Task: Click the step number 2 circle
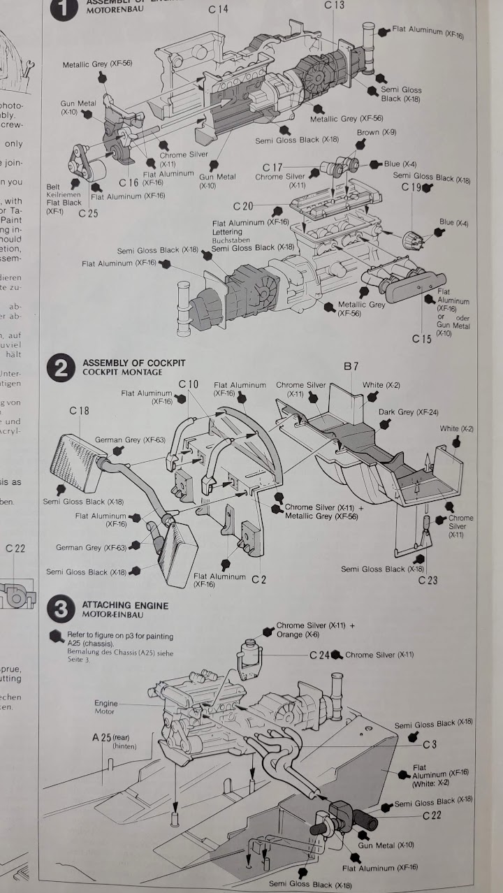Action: click(61, 368)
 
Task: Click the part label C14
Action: click(218, 9)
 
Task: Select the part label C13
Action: click(335, 6)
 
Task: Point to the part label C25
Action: click(88, 214)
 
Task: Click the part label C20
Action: click(243, 206)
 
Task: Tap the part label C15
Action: click(422, 339)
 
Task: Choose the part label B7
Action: click(351, 366)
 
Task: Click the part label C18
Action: click(79, 412)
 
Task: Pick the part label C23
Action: click(428, 580)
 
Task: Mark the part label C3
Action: click(430, 745)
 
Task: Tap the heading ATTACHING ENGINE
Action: click(125, 605)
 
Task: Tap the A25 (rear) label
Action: click(111, 737)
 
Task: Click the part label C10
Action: click(189, 384)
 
